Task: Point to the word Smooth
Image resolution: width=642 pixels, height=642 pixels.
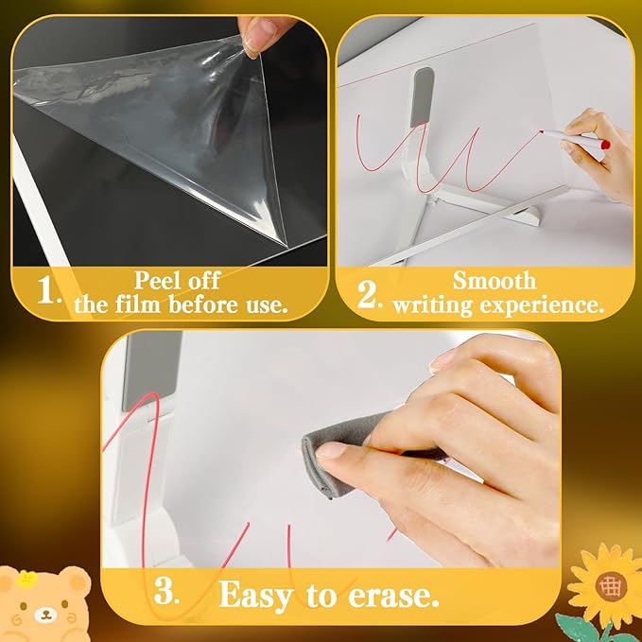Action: click(x=494, y=280)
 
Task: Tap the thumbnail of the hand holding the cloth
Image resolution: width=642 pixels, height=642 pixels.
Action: click(x=331, y=452)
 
